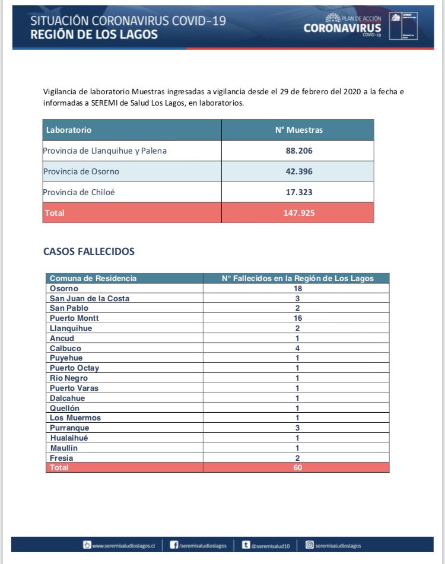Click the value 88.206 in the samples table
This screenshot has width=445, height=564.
298,151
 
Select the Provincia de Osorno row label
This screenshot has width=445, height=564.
81,171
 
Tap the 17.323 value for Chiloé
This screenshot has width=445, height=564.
298,192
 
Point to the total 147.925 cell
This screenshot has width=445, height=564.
298,212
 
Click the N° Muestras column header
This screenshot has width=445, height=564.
298,130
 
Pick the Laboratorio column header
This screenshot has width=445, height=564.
69,130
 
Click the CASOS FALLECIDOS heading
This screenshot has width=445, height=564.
89,251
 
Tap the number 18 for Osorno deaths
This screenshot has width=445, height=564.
297,288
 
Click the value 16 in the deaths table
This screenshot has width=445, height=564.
297,318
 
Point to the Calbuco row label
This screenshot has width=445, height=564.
65,348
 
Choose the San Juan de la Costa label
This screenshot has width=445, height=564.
90,298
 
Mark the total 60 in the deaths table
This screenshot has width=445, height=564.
297,467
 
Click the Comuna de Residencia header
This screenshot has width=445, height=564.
93,278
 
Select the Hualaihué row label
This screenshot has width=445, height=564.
69,438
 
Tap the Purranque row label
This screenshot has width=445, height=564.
69,428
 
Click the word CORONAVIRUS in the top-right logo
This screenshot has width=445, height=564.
342,28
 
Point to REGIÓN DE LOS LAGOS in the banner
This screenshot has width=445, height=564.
94,34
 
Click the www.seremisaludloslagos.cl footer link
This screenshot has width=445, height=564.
123,546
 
